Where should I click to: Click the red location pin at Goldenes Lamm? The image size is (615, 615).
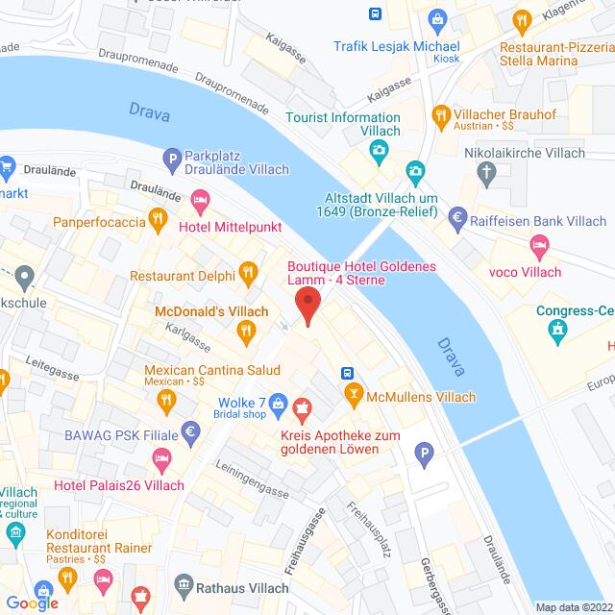point(307,305)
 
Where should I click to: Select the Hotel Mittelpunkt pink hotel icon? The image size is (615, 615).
point(200,202)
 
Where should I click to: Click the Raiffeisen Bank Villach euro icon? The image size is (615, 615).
point(457,219)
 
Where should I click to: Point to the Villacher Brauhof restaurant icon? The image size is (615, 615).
point(441,115)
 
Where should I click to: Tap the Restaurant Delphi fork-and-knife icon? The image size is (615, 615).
point(247,271)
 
